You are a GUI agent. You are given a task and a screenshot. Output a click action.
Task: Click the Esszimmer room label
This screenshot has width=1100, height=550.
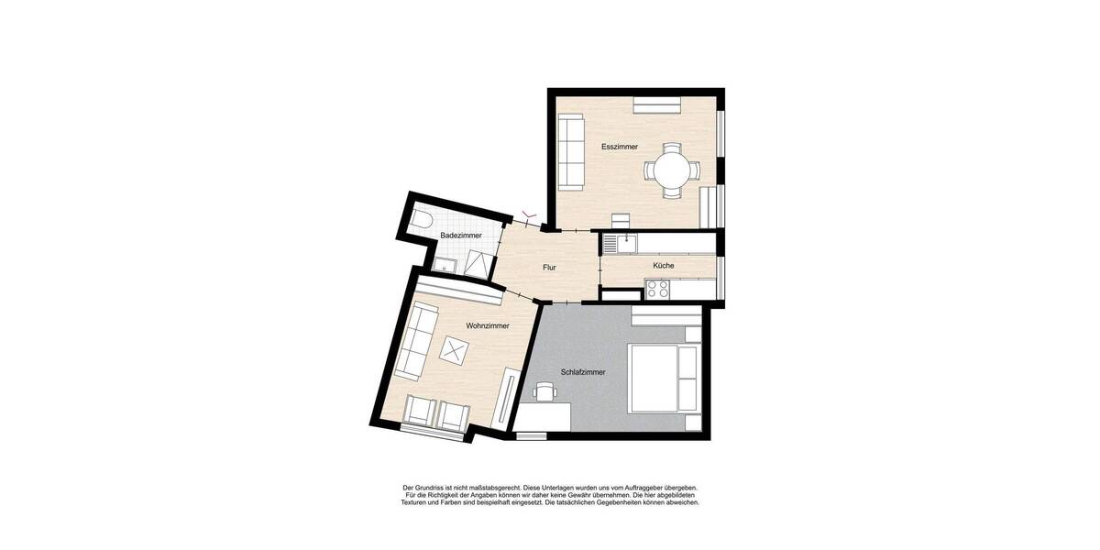(x=620, y=147)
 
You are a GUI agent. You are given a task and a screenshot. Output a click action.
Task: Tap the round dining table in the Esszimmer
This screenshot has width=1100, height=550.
(x=673, y=170)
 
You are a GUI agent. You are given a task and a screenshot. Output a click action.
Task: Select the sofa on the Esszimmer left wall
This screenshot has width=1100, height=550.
(x=571, y=152)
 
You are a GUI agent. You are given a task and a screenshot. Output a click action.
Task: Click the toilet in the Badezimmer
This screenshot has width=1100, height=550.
(x=423, y=220)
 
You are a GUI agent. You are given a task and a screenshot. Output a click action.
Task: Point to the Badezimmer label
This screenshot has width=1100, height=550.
(x=460, y=236)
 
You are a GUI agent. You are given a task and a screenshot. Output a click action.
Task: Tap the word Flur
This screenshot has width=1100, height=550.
(x=549, y=268)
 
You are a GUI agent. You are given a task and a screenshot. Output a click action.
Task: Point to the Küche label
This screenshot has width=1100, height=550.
(x=664, y=266)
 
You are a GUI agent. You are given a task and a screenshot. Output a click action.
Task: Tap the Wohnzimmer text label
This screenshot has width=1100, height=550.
(x=488, y=325)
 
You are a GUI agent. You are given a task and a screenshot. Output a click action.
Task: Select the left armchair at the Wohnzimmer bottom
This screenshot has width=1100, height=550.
(x=421, y=413)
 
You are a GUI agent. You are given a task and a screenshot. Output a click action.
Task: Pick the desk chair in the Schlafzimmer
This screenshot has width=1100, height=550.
(x=545, y=392)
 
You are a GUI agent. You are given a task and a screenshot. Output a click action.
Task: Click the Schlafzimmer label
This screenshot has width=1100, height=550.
(x=583, y=372)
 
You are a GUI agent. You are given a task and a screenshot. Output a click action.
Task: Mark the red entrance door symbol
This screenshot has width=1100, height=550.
(x=529, y=216)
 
